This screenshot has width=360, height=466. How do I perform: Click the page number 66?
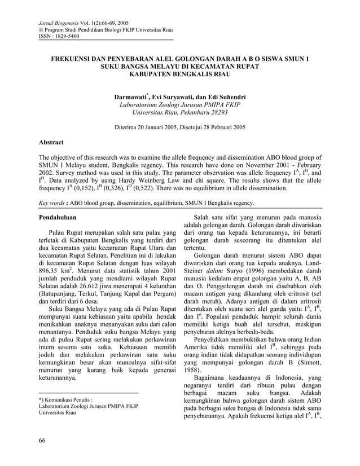tap(42, 440)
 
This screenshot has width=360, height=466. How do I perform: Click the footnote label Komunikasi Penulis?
tap(65, 399)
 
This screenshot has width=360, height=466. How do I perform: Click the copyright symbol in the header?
tap(39, 29)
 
